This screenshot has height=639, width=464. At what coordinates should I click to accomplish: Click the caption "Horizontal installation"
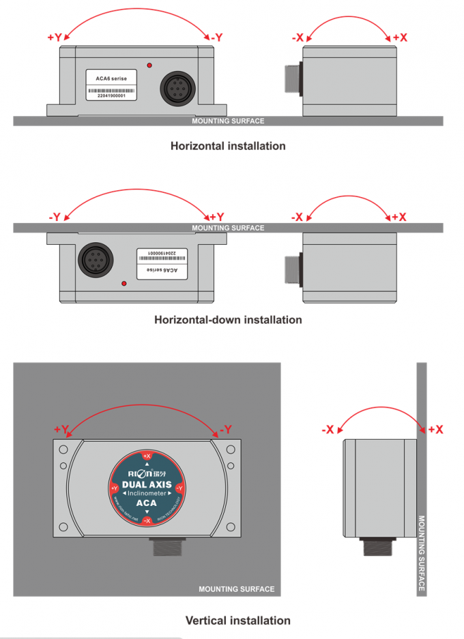click(x=227, y=145)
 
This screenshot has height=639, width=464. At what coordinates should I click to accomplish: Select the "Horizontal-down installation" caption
click(x=227, y=319)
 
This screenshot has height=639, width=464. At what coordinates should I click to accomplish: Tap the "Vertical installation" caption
click(x=237, y=620)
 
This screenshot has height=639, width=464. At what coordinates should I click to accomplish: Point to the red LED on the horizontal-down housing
click(x=124, y=282)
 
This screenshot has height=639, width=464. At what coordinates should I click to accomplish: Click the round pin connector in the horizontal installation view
click(x=177, y=87)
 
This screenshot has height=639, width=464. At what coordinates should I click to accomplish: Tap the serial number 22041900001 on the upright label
click(x=111, y=95)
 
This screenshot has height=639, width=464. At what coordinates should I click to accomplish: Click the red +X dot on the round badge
click(x=147, y=456)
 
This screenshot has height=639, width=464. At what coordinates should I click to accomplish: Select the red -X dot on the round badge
click(x=147, y=521)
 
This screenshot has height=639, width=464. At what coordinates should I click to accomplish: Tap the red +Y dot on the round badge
click(x=114, y=488)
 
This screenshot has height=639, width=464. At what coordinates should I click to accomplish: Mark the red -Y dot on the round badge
click(x=179, y=488)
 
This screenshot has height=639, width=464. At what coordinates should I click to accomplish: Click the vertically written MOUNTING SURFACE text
click(x=421, y=552)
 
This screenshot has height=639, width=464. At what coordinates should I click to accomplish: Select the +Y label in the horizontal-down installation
click(x=216, y=217)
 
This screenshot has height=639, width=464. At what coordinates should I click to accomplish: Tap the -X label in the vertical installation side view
click(x=328, y=430)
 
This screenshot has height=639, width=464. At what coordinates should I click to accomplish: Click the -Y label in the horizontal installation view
click(x=216, y=38)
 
